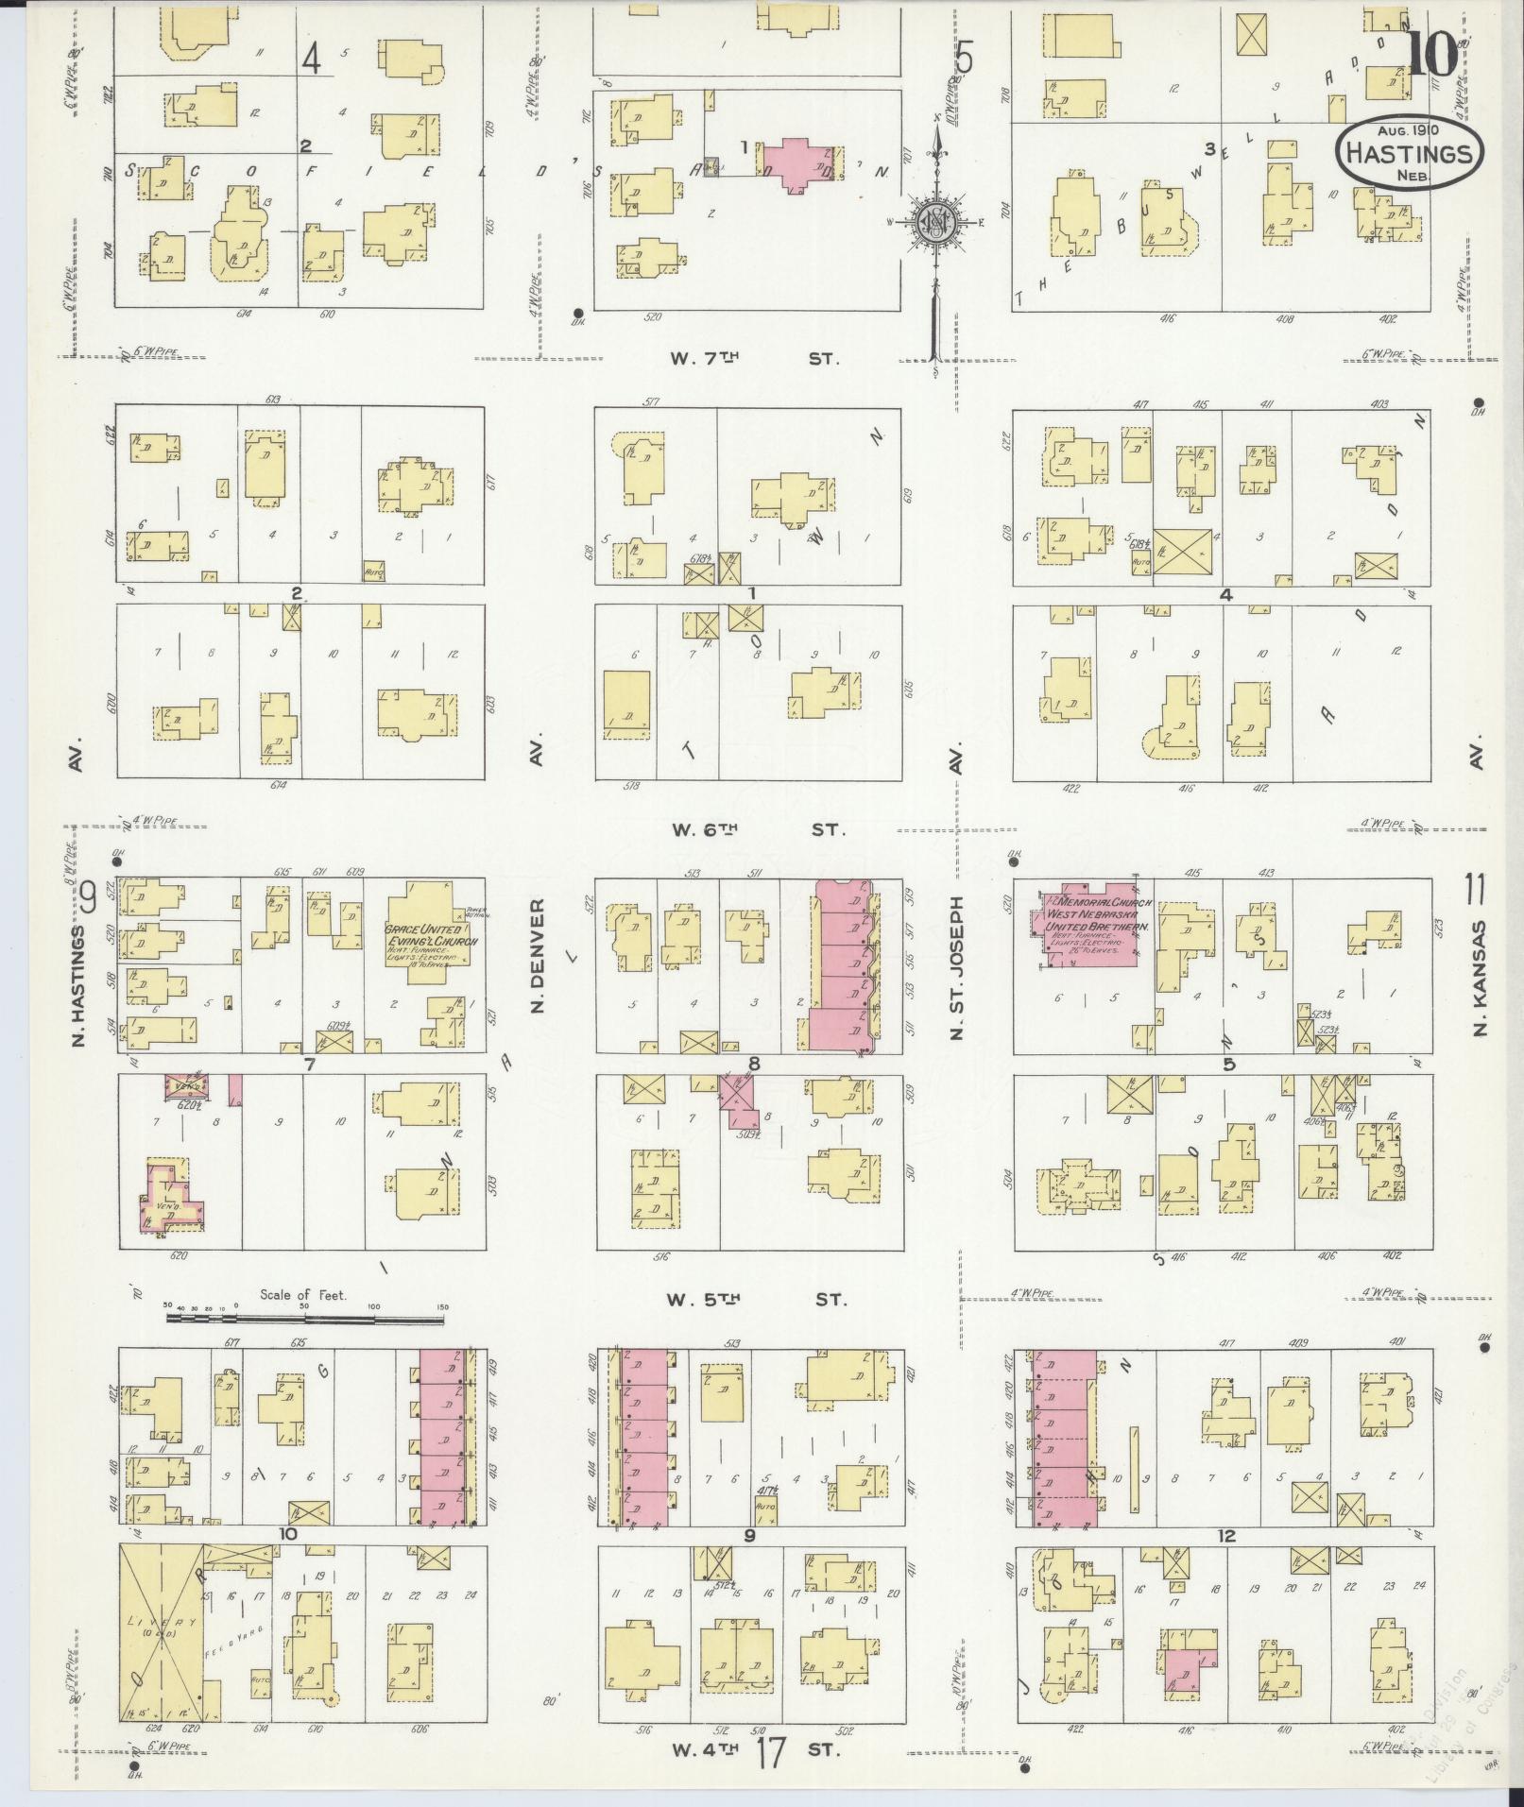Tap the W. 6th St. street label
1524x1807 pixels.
(x=755, y=829)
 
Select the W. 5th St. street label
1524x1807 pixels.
(x=755, y=1300)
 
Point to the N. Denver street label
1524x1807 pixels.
(x=539, y=956)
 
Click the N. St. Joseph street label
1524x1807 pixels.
(x=956, y=968)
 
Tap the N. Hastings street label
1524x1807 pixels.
(x=77, y=985)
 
